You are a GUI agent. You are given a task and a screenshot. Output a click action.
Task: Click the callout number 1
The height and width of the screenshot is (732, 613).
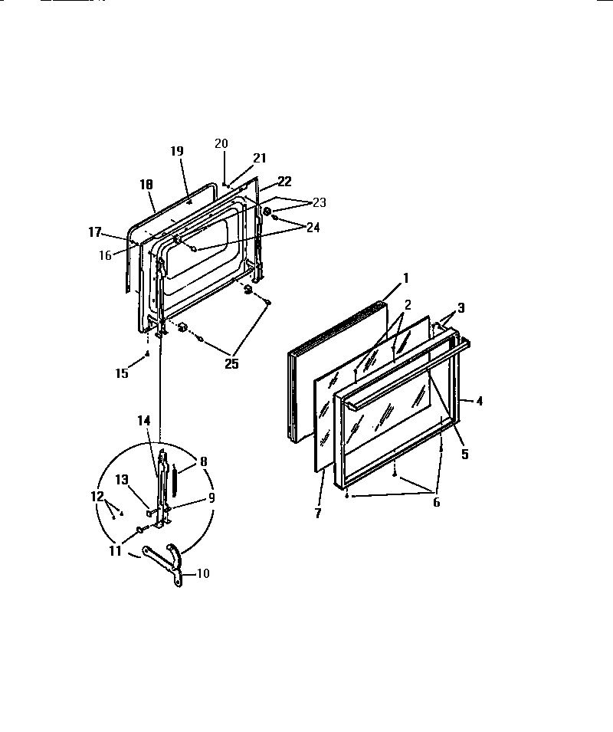tap(407, 277)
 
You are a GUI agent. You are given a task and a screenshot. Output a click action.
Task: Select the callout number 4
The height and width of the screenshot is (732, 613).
tap(480, 400)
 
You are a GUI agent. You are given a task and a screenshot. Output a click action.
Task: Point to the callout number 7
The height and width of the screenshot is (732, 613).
tap(318, 513)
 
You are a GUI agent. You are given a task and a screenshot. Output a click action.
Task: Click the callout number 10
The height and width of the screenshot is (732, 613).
tap(203, 573)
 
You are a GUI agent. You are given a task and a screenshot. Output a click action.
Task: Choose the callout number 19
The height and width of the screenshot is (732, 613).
tap(177, 151)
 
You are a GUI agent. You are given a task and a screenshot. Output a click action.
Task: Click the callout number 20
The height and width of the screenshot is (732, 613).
tap(221, 143)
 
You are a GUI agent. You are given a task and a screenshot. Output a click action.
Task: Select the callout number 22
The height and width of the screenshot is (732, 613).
tap(284, 182)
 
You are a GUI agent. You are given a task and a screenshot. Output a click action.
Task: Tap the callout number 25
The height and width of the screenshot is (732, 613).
tap(231, 364)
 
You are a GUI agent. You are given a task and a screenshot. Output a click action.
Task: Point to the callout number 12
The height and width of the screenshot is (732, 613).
tap(97, 497)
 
